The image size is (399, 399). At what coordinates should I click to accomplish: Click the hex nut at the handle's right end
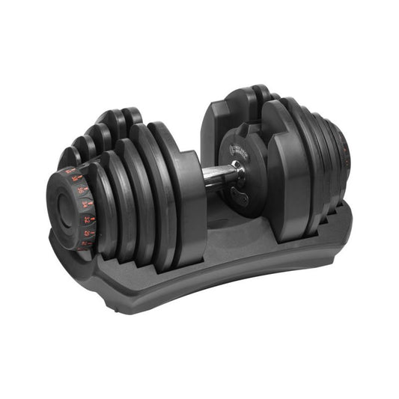pos(239,174)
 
